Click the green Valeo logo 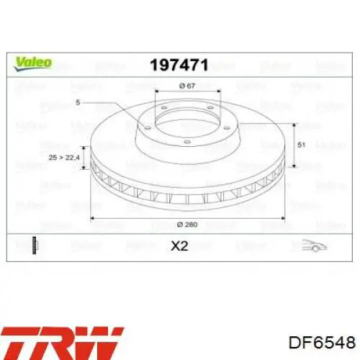pos(32,63)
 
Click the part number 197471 pos(179,65)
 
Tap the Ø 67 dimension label pos(187,86)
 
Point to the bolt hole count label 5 pos(78,102)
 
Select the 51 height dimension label pos(302,145)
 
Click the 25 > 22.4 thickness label pos(64,158)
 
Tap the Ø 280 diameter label pos(187,225)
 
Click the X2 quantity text pos(179,246)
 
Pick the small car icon pos(315,246)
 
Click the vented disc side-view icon pos(35,246)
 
